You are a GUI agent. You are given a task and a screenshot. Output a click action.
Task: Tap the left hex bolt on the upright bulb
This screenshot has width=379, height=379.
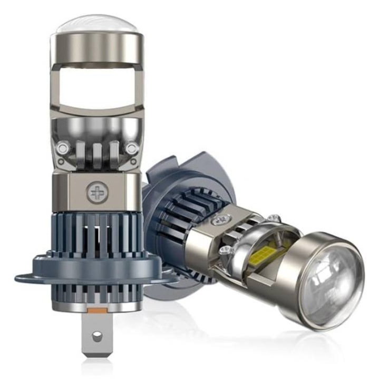63,149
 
